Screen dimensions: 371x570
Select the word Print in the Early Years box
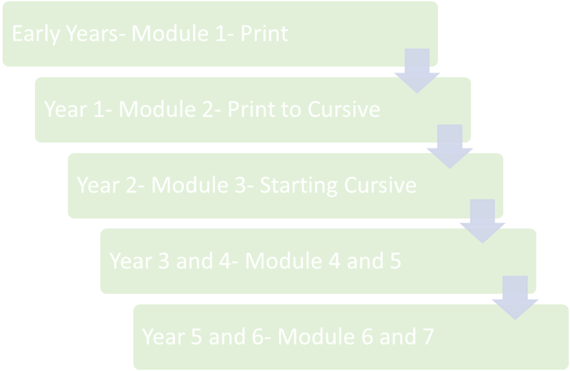tap(265, 34)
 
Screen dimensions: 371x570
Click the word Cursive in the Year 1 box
tap(344, 109)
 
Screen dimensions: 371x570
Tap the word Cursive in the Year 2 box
tap(380, 185)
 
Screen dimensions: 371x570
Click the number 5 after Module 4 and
tap(395, 261)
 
